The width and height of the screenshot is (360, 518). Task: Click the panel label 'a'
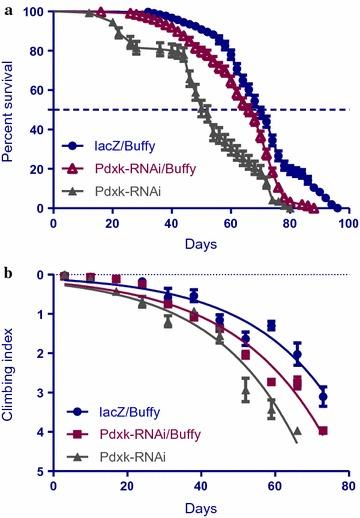pos(6,7)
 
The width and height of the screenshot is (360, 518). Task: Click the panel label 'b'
pos(7,271)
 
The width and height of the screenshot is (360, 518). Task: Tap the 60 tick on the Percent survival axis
pos(37,90)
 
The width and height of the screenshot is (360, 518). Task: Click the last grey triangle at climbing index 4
pos(296,431)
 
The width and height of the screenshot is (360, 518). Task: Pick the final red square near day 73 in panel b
pos(323,431)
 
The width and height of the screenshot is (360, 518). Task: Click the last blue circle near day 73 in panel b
pos(323,398)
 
